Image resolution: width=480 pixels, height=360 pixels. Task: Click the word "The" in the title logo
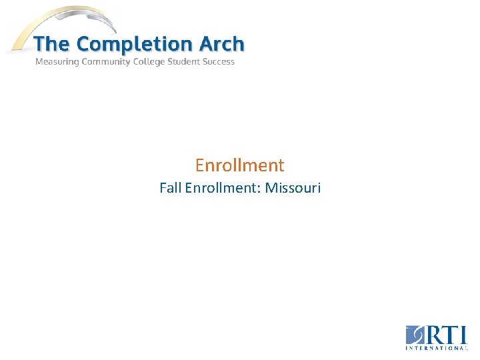[52, 45]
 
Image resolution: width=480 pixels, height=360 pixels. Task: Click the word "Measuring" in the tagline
[57, 62]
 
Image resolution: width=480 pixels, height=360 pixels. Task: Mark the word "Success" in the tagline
[220, 62]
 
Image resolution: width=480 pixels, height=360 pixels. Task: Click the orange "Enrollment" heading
[240, 165]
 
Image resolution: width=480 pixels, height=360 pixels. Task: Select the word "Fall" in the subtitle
[171, 188]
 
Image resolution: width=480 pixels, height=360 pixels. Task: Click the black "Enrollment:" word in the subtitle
[223, 188]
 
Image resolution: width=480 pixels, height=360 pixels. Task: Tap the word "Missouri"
[293, 188]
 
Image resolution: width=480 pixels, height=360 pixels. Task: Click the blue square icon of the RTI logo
[414, 335]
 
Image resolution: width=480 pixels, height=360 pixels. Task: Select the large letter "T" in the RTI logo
[450, 334]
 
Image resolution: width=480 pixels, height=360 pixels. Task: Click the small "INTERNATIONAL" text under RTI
[437, 348]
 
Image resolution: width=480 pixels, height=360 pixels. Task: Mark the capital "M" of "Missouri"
[271, 188]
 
